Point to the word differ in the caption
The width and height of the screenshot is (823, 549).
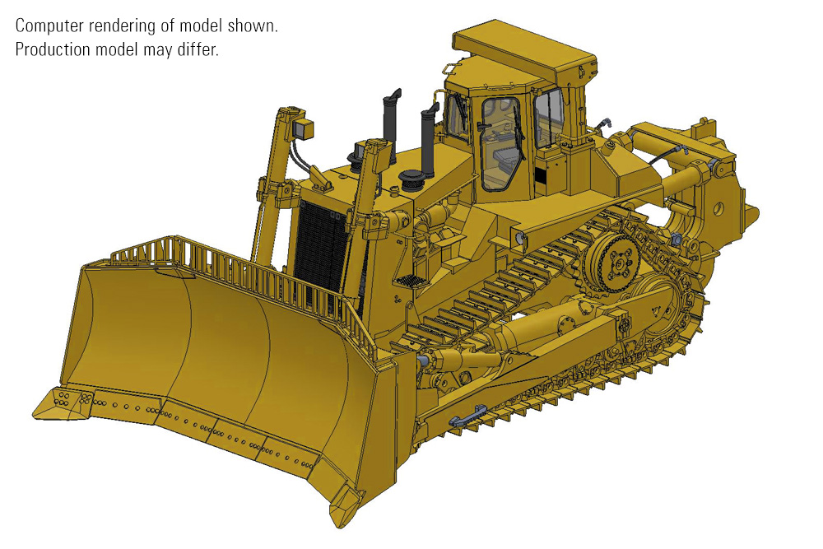pos(198,49)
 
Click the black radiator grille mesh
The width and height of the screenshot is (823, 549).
pos(320,247)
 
